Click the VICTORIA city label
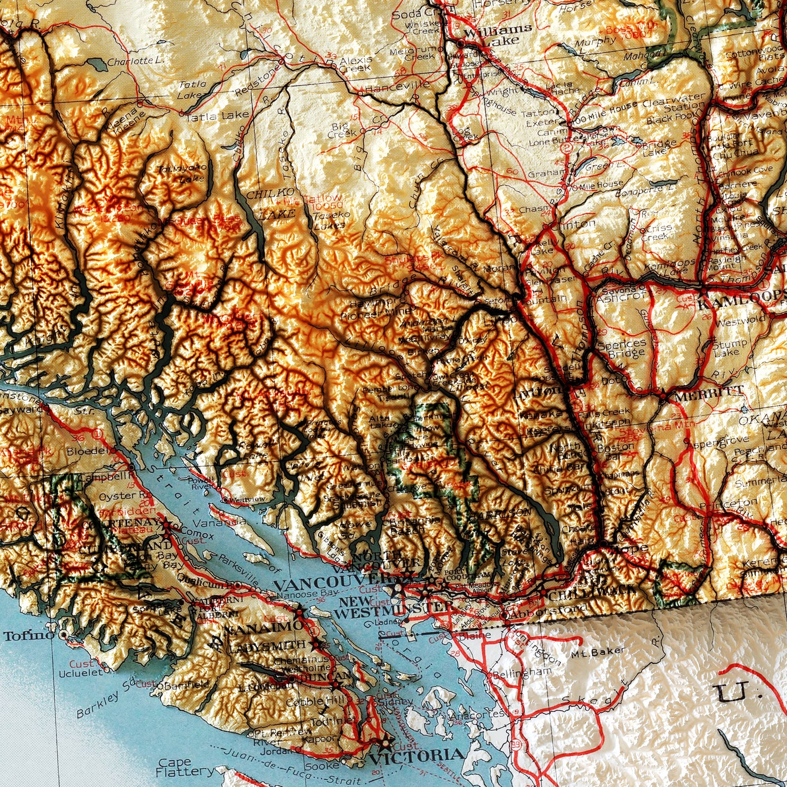click(x=417, y=755)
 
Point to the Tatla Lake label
click(x=217, y=116)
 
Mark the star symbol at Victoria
click(x=386, y=741)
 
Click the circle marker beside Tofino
click(x=64, y=635)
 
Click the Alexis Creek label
click(x=356, y=64)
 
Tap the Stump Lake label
click(x=730, y=348)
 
